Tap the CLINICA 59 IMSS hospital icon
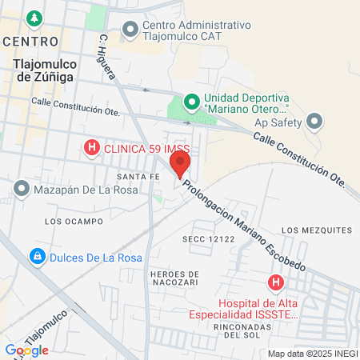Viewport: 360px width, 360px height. (x=92, y=147)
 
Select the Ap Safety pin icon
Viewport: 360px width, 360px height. (x=314, y=122)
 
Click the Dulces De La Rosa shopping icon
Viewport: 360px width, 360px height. (x=36, y=257)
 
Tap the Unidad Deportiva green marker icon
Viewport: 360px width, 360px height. (x=191, y=102)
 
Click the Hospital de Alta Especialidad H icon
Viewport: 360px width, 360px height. (x=276, y=282)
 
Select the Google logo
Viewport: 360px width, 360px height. (x=26, y=350)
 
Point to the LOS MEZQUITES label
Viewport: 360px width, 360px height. (x=317, y=230)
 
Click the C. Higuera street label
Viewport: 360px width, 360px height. (x=109, y=56)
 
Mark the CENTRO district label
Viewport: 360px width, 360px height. (x=30, y=40)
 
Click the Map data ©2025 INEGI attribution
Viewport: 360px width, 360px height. (x=311, y=353)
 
